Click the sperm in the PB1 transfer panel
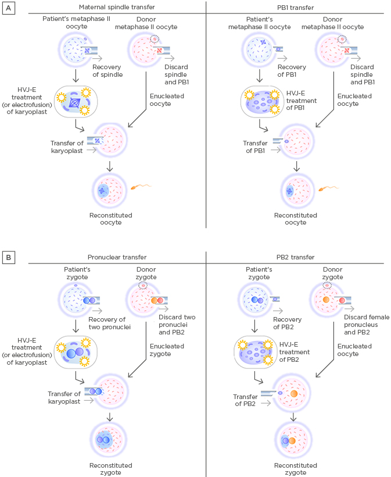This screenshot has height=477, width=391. pos(330,188)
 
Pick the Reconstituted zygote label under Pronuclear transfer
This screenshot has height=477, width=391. pos(110,469)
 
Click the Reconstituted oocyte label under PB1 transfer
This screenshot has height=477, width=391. pos(296,219)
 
